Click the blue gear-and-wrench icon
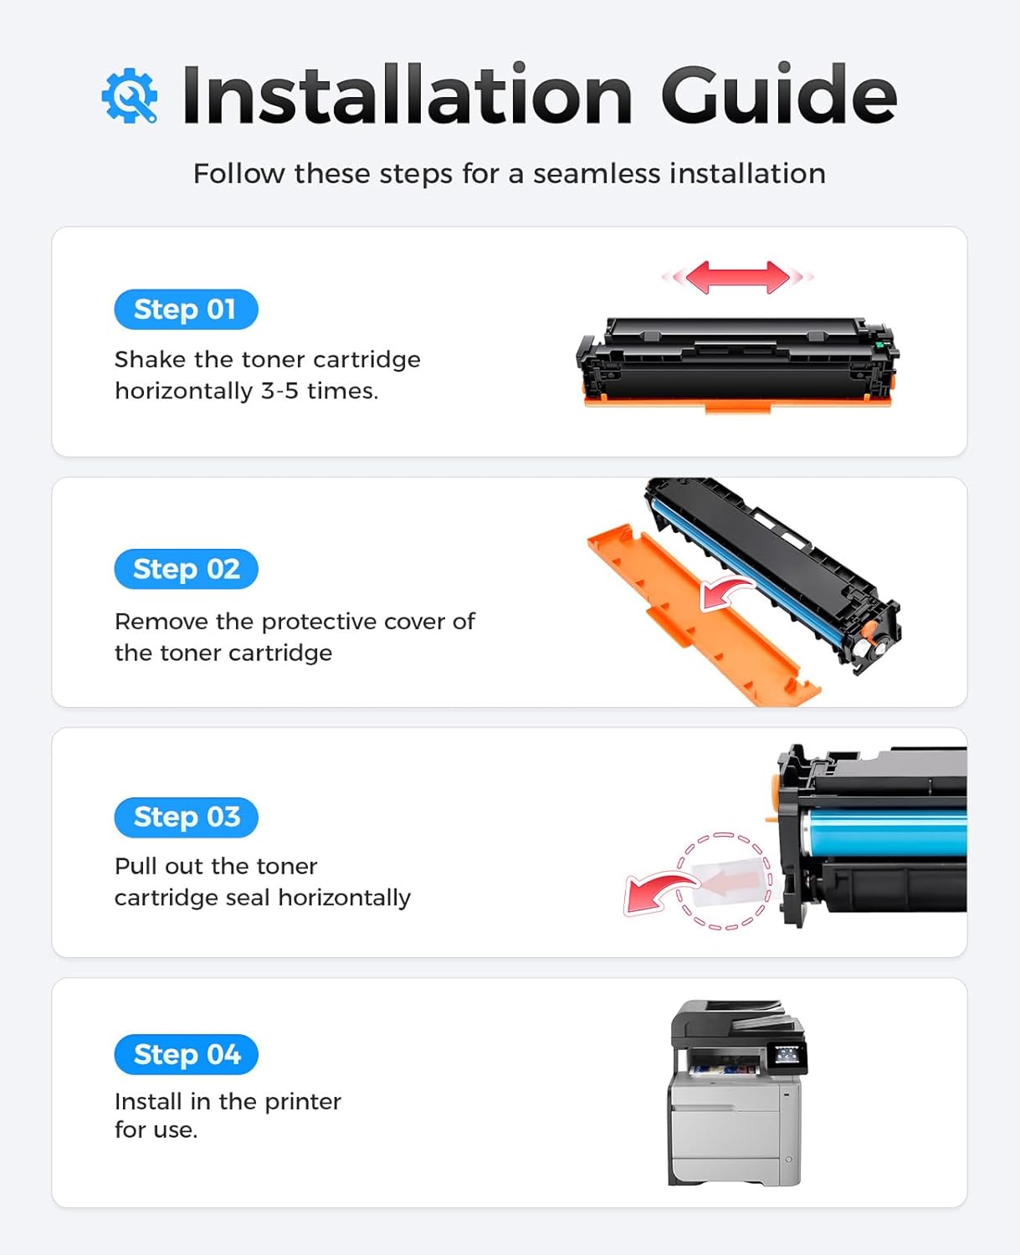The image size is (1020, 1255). tap(130, 96)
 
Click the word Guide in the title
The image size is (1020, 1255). tap(778, 95)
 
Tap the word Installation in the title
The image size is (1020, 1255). tap(407, 95)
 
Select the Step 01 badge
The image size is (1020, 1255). tap(186, 310)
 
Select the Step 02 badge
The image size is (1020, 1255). tap(186, 569)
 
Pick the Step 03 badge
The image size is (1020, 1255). tap(186, 817)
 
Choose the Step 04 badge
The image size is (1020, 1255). tap(186, 1054)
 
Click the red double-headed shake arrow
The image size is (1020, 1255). tap(737, 277)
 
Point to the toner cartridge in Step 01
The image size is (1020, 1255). tap(736, 364)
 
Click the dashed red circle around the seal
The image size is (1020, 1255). tap(725, 881)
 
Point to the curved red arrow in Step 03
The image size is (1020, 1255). tap(657, 892)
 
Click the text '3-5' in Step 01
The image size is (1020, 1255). tap(279, 391)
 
